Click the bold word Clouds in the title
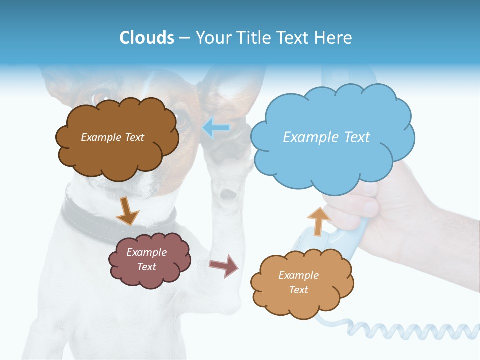pos(147,38)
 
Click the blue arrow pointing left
pos(216,128)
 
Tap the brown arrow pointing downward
pos(127,211)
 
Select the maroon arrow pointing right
pos(224,265)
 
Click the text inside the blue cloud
pos(326,137)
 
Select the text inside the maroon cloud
pos(146,260)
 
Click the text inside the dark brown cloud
pos(112,137)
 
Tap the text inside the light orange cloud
pos(298,282)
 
